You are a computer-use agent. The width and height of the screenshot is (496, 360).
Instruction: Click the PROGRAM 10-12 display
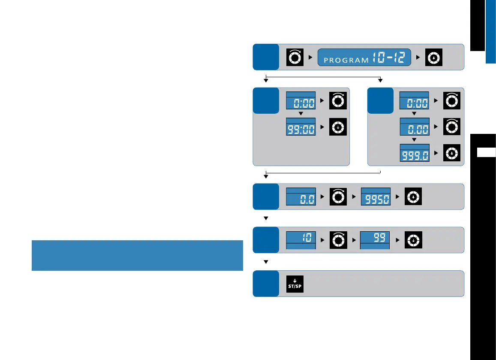click(364, 57)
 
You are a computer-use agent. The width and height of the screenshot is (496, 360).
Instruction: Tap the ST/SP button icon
click(295, 284)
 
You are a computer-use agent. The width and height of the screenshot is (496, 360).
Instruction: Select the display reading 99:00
click(301, 127)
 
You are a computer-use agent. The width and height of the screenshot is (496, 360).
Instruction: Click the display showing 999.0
click(414, 153)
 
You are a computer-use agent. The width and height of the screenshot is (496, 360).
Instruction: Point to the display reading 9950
click(375, 197)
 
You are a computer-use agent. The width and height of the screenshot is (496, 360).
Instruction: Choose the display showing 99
click(375, 240)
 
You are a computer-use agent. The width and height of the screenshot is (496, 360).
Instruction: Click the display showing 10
click(301, 240)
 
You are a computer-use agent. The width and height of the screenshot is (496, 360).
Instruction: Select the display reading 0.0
click(301, 197)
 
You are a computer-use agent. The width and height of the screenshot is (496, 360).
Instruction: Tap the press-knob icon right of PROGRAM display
click(433, 57)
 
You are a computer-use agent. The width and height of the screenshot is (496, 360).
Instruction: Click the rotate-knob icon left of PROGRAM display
click(295, 57)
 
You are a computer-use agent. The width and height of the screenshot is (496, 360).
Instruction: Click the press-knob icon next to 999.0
click(451, 153)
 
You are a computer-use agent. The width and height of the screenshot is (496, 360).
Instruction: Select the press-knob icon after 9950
click(413, 197)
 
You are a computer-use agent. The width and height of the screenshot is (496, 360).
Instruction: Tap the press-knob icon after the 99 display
click(413, 240)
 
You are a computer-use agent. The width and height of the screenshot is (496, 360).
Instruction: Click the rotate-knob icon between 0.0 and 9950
click(337, 197)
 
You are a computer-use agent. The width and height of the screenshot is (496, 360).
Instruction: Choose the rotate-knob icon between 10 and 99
click(337, 240)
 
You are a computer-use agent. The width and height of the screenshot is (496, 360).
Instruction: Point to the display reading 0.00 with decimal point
click(414, 127)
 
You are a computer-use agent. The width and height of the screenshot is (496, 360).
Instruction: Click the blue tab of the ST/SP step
click(265, 284)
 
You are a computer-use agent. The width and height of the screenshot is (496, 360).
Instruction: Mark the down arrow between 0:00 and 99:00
click(301, 113)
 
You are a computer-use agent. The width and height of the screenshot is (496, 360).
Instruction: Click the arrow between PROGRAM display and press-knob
click(418, 57)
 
